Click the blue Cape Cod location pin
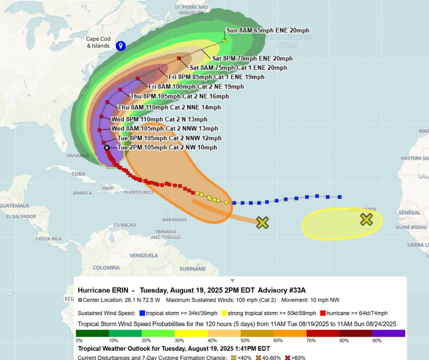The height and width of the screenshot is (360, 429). (120, 46)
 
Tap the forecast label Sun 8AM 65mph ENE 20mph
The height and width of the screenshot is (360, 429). (268, 31)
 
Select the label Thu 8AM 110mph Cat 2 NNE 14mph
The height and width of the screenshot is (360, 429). (169, 107)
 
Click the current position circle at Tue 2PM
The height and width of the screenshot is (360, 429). (107, 148)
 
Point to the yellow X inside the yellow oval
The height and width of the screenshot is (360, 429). (366, 220)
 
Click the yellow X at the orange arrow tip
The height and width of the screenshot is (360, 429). (262, 222)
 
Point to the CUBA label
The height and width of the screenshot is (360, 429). (78, 174)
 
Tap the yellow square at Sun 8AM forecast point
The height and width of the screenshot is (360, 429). (225, 41)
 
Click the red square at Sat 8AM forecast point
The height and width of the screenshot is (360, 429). (179, 58)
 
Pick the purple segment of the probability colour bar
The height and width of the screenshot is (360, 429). (388, 333)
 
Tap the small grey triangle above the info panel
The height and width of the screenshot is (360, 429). (232, 281)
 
